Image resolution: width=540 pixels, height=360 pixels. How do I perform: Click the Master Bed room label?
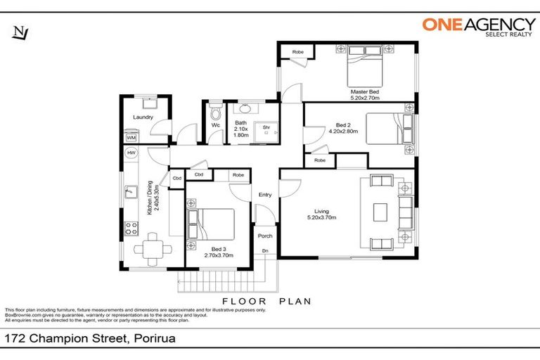coord(365,95)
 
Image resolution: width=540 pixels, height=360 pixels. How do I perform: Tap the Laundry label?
coord(143,118)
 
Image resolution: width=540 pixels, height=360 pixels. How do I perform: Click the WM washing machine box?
coord(131,138)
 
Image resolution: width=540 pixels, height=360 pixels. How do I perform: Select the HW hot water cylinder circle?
coord(131,153)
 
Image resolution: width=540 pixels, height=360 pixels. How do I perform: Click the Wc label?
coord(216,126)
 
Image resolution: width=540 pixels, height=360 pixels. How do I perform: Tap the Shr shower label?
coord(266,128)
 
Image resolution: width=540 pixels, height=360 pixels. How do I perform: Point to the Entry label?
coord(265,195)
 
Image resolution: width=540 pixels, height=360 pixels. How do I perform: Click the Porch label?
coord(265,236)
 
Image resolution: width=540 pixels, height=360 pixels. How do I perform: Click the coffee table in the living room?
coord(380,212)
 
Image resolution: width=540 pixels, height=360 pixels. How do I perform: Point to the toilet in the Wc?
coord(216,112)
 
